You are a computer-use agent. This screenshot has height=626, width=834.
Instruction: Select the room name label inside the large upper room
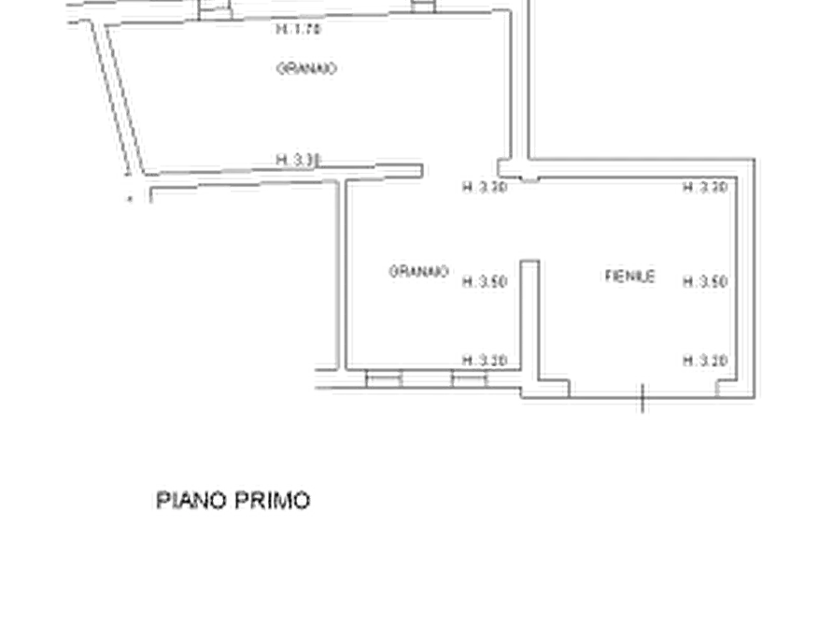point(306,68)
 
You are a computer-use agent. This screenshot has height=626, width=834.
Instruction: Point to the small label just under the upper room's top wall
point(300,33)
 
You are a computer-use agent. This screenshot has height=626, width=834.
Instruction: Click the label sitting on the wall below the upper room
point(296,158)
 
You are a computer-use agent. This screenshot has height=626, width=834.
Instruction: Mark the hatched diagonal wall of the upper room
point(117,103)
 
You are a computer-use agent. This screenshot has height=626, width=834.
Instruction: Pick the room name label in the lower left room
point(419,272)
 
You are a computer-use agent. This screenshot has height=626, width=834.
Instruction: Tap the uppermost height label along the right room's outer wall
point(704,190)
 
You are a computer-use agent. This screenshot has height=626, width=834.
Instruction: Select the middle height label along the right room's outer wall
point(705,281)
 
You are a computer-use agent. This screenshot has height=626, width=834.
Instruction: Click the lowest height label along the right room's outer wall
point(705,359)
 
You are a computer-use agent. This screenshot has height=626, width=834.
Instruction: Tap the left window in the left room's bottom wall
point(381,381)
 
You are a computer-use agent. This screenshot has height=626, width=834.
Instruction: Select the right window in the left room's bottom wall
point(469,381)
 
